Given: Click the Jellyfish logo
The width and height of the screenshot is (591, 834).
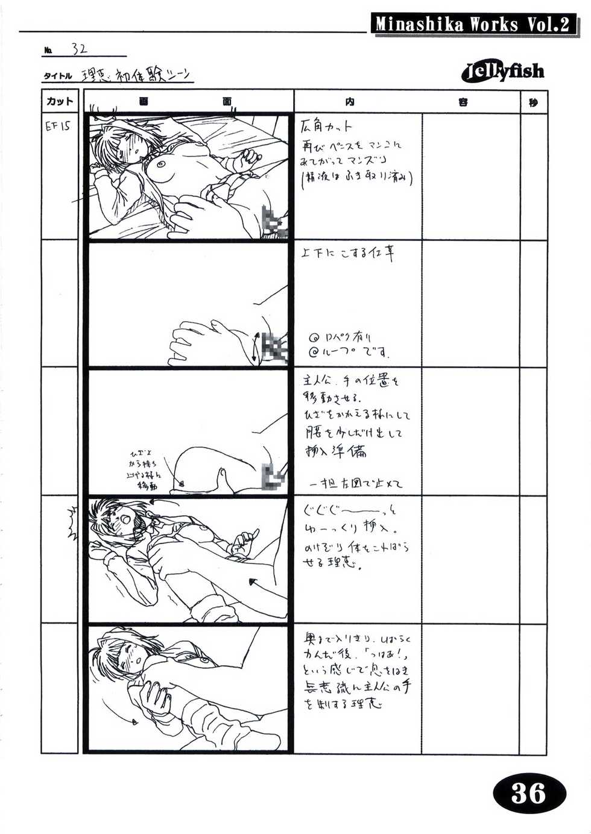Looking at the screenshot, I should [x=503, y=72].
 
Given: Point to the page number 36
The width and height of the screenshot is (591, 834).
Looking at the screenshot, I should [x=528, y=792].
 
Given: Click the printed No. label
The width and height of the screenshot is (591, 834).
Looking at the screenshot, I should [x=48, y=51].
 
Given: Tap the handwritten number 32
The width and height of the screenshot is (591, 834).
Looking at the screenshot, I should [x=79, y=49].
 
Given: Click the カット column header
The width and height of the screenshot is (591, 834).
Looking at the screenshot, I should [x=60, y=101].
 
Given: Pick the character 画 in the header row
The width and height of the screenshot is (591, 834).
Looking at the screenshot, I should [x=143, y=102].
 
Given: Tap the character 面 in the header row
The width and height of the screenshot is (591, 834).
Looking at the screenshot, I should [x=227, y=102].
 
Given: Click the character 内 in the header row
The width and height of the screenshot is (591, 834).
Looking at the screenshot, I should [x=350, y=102].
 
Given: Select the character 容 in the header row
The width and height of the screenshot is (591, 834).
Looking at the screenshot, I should [x=463, y=102].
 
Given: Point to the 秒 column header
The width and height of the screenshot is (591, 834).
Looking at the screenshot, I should [x=533, y=102].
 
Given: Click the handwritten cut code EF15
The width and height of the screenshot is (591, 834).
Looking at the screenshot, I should [x=58, y=127].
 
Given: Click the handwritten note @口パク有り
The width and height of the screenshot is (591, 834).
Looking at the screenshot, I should [x=341, y=337].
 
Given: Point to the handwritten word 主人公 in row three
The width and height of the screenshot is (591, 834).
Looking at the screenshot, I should [x=316, y=382].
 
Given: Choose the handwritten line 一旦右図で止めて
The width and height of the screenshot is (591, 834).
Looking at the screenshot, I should [x=355, y=483].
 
